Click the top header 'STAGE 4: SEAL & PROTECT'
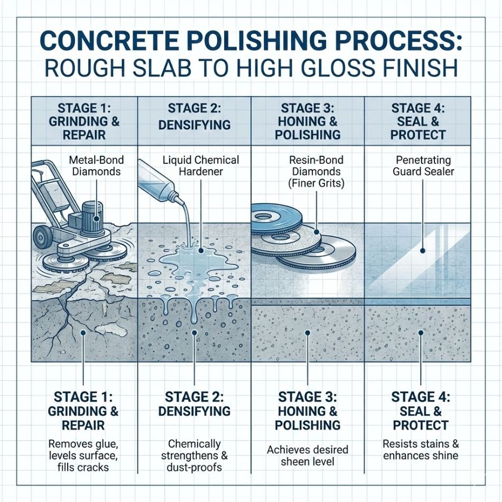[418, 121]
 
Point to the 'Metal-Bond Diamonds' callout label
[95, 165]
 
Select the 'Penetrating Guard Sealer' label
[423, 165]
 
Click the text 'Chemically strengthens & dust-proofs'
[194, 455]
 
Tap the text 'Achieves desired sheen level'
[308, 455]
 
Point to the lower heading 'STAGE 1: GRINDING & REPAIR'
[83, 411]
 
